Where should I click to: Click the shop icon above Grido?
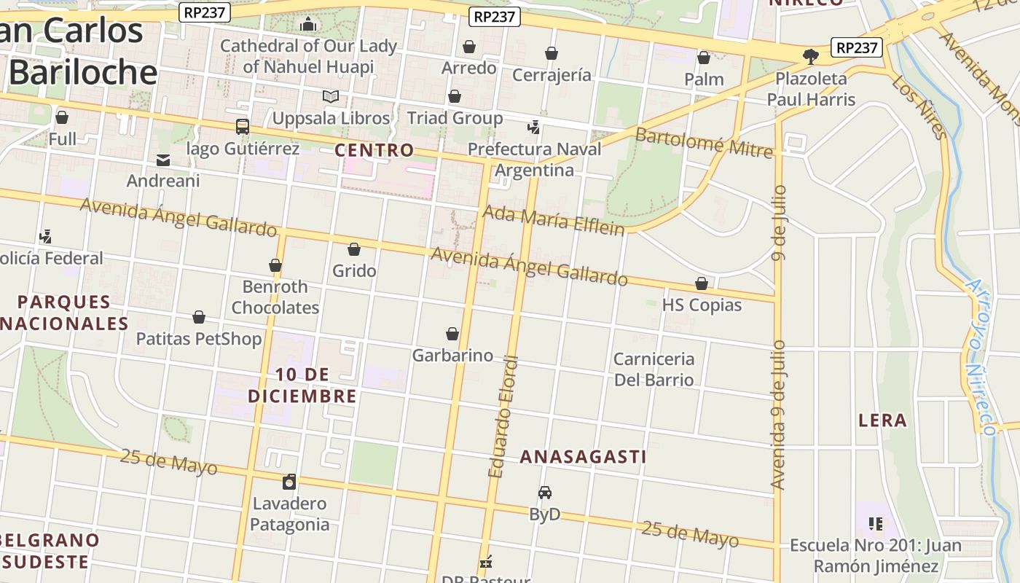(x=354, y=249)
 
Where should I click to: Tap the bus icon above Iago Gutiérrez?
(x=243, y=127)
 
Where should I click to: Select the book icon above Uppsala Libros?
(x=331, y=96)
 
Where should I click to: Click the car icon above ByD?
(x=545, y=493)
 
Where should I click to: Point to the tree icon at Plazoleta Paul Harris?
(x=810, y=57)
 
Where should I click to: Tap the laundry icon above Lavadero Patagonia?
(x=289, y=482)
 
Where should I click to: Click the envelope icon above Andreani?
(x=163, y=160)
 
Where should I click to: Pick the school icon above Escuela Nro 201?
(x=876, y=523)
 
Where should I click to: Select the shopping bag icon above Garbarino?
(x=452, y=334)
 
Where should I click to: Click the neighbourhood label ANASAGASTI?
(x=583, y=457)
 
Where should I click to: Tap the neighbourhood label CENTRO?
(x=374, y=151)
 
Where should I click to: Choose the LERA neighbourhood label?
(x=882, y=420)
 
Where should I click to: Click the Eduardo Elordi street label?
(x=504, y=417)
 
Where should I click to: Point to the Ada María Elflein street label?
(x=554, y=220)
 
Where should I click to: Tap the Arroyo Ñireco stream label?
(x=980, y=357)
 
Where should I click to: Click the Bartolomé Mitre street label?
(x=703, y=142)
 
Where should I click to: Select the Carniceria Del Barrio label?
(x=654, y=369)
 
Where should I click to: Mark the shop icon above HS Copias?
(x=702, y=283)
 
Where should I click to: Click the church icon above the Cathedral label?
(x=308, y=24)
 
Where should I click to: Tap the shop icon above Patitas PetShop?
(x=199, y=317)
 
